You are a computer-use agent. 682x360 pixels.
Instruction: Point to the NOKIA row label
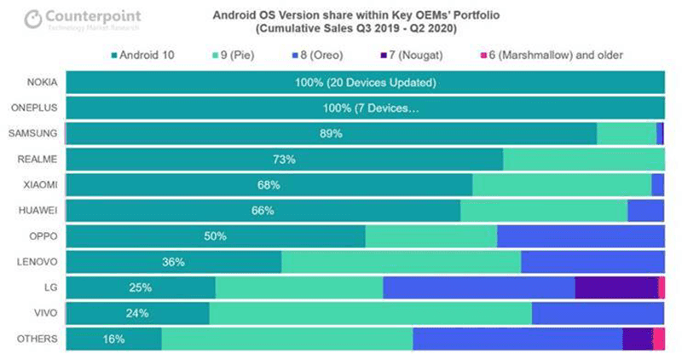tap(40, 83)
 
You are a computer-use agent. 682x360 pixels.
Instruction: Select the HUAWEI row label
tap(38, 211)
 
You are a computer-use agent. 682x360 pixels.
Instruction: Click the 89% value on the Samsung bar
tap(331, 134)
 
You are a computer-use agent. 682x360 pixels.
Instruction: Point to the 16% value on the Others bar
tap(113, 339)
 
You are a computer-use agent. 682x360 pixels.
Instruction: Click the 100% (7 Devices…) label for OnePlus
tap(366, 108)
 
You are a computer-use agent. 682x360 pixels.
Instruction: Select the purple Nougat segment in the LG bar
tap(616, 287)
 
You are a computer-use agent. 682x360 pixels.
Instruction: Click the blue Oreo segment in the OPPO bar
tap(580, 236)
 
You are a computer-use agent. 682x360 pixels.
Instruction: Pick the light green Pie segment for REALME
tap(583, 160)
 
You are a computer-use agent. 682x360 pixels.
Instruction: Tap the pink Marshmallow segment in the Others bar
tap(659, 339)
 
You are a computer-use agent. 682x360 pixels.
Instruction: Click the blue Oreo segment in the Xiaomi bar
tap(658, 185)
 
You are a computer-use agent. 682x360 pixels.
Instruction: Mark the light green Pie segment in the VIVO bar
tap(370, 313)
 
